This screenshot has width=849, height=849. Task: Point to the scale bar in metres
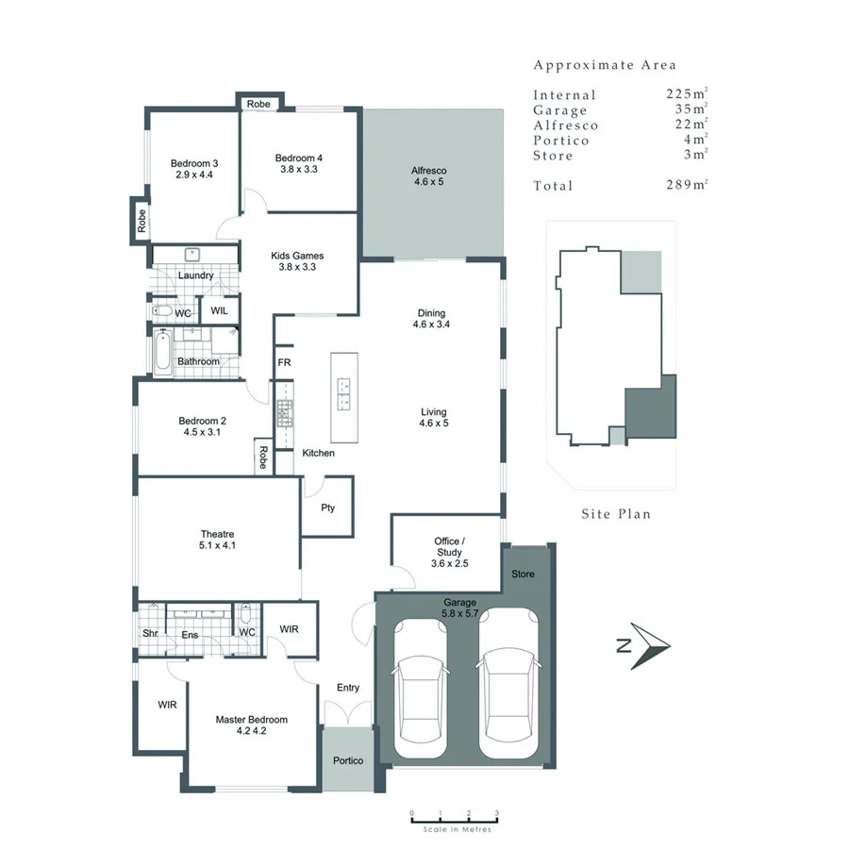[454, 821]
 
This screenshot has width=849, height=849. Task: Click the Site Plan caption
[616, 514]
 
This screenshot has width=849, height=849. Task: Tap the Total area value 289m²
[686, 186]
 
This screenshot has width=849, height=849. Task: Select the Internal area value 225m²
[686, 94]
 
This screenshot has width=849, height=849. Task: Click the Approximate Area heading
[605, 65]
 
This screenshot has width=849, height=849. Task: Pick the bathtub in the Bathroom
[161, 351]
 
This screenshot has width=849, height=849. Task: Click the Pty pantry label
[327, 508]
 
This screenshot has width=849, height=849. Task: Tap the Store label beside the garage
[522, 574]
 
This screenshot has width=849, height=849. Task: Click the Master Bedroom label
[251, 720]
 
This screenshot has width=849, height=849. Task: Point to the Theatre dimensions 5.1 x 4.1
[218, 545]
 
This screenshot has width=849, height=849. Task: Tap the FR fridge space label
[283, 362]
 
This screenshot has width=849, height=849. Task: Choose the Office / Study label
[449, 546]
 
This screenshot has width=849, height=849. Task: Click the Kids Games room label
[297, 256]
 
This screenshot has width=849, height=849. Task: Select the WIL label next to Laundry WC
[219, 310]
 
